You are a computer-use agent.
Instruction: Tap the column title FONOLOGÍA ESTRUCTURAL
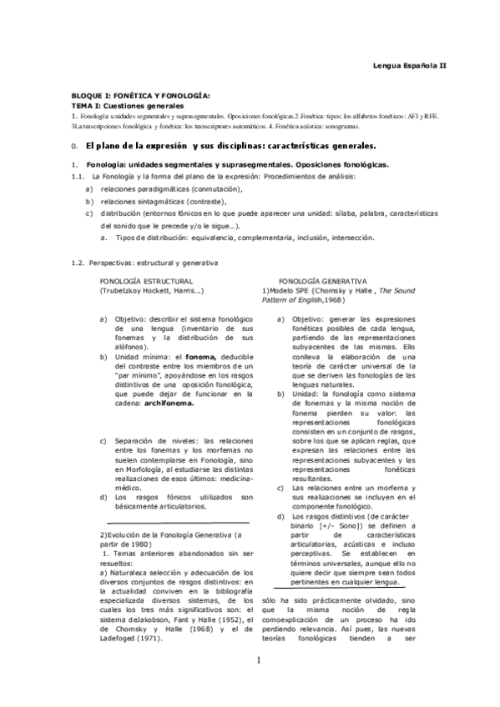coord(146,282)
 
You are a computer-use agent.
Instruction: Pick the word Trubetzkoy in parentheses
coord(125,292)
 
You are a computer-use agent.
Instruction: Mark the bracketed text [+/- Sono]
coord(327,527)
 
